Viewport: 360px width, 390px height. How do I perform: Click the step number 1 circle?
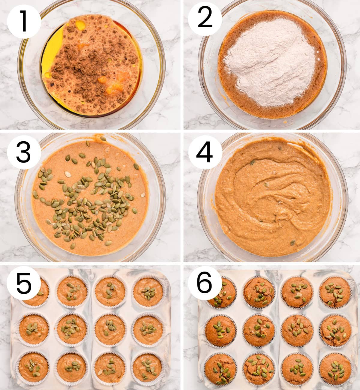coord(24,20)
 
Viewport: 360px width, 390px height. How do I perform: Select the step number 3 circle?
coord(24,152)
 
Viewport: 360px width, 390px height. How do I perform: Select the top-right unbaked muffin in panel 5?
coord(148,291)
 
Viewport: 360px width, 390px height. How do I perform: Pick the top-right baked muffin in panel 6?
coord(334,291)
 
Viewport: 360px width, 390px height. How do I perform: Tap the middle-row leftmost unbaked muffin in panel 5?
coord(34,329)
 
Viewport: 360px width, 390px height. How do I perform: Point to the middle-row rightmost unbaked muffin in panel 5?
coord(148,329)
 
